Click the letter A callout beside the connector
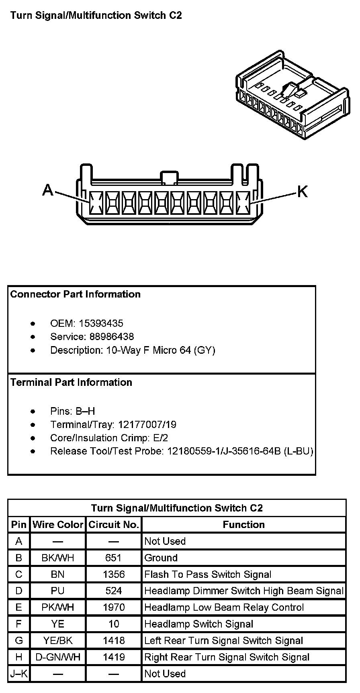pos(48,190)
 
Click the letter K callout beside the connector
pos(302,192)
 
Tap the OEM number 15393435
pos(101,324)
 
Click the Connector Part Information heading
pos(76,294)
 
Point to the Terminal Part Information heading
pos(71,382)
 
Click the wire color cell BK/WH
pos(58,558)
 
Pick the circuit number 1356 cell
pos(114,574)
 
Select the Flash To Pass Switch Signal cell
pos(208,575)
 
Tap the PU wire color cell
pos(58,591)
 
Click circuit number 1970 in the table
pos(114,607)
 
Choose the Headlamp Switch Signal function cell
pos(198,624)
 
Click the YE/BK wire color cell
pos(58,640)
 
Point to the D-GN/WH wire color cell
pos(58,657)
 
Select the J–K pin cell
pos(19,674)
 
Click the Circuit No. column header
pos(114,525)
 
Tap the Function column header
pos(243,525)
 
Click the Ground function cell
pos(161,558)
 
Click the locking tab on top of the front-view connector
pos(169,177)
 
